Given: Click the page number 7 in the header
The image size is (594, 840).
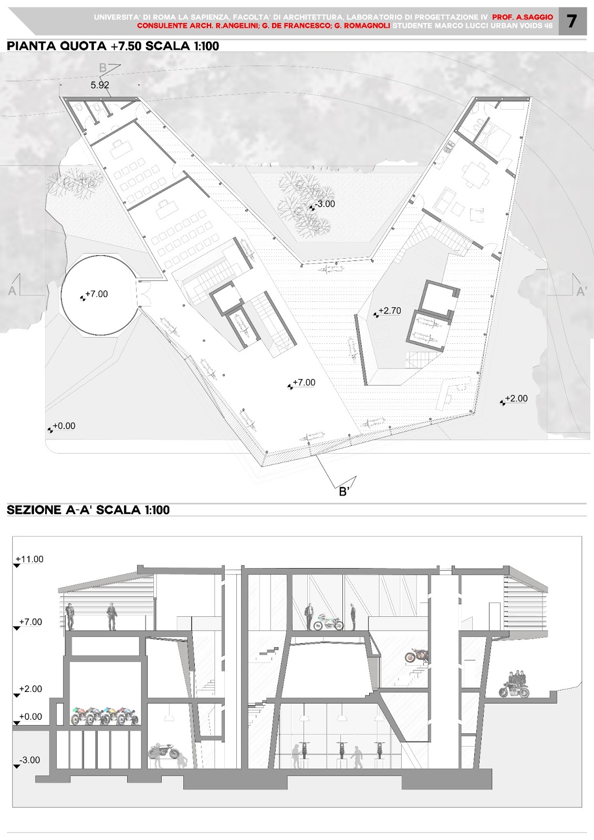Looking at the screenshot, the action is (571, 22).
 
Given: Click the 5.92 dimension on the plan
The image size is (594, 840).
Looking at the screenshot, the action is (100, 85).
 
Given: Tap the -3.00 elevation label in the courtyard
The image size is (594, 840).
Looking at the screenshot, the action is (325, 204).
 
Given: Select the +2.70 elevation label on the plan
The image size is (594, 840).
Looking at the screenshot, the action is (390, 311).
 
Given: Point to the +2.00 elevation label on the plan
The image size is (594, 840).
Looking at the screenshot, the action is (516, 398).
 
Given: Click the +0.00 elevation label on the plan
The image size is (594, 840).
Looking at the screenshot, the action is (64, 426).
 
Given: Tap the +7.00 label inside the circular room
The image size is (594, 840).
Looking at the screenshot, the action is (97, 294).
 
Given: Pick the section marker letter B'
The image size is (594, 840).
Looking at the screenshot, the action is (344, 491).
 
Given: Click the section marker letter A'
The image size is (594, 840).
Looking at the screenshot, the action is (581, 291).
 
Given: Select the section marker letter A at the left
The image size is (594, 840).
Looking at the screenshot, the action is (12, 291).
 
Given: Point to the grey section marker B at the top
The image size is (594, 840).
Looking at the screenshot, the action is (102, 68).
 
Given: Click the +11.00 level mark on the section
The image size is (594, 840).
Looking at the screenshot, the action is (29, 559).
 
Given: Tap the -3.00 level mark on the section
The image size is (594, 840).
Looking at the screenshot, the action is (29, 760).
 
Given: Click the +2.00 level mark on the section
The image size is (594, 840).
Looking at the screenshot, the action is (30, 689).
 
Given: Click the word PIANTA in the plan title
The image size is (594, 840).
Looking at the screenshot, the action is (30, 46).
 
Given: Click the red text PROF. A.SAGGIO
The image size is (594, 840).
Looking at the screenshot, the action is (523, 17).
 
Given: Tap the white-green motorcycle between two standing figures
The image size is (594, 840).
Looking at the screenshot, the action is (328, 622).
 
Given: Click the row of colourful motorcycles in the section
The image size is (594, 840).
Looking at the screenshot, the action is (105, 716).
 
